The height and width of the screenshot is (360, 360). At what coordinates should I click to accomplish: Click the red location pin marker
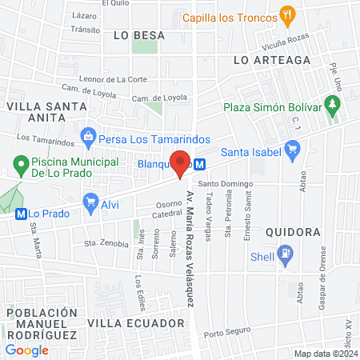click(182, 162)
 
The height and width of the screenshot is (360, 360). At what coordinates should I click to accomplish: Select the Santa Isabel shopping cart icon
click(293, 148)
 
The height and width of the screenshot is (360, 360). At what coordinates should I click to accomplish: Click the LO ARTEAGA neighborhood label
click(261, 60)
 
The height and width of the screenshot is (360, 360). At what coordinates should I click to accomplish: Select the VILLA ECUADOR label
click(125, 322)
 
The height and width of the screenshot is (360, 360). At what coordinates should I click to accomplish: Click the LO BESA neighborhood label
click(139, 35)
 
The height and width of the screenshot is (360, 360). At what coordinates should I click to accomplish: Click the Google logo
click(27, 350)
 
